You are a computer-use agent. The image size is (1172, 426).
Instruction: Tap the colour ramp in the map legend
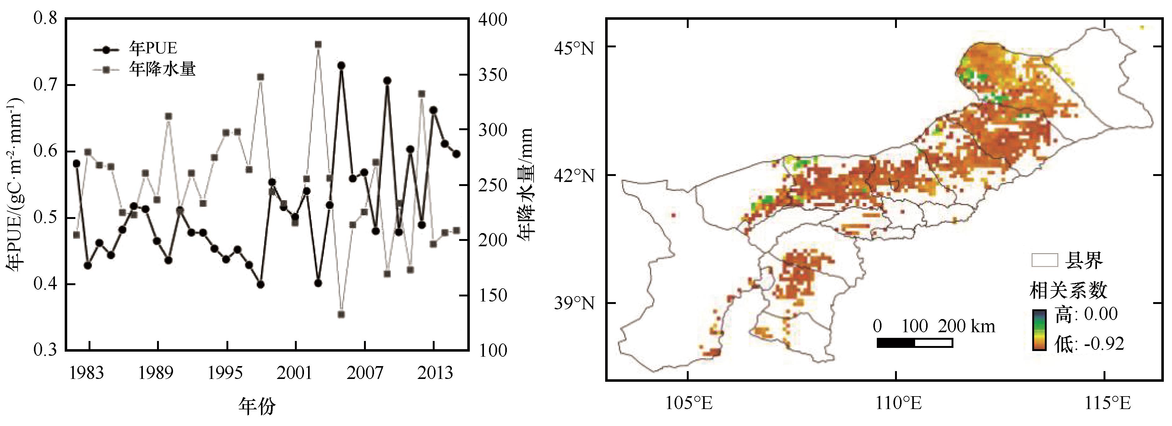point(1039,330)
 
